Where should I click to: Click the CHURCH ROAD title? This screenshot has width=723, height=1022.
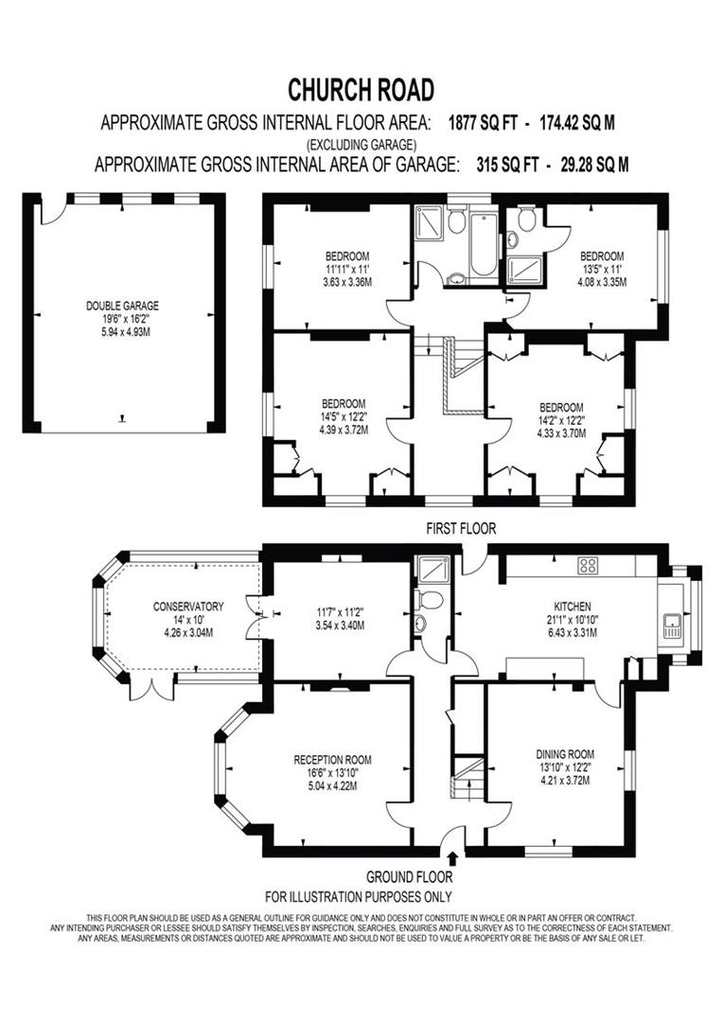361,90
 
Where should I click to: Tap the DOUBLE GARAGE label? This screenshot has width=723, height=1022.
122,306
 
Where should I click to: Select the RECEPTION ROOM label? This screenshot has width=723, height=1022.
332,759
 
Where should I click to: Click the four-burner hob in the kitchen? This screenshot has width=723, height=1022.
588,566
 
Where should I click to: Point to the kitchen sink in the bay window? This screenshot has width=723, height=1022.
673,626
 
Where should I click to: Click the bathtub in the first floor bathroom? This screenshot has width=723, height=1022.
483,244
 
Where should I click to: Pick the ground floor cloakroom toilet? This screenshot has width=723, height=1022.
430,600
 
